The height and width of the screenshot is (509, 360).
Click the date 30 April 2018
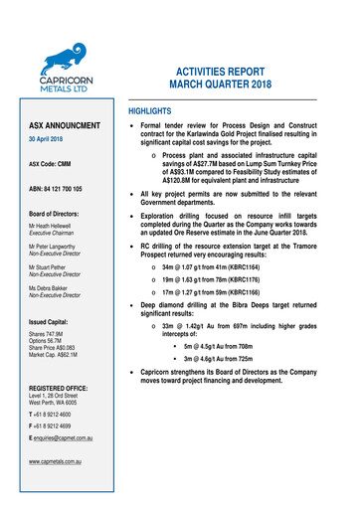coord(49,140)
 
